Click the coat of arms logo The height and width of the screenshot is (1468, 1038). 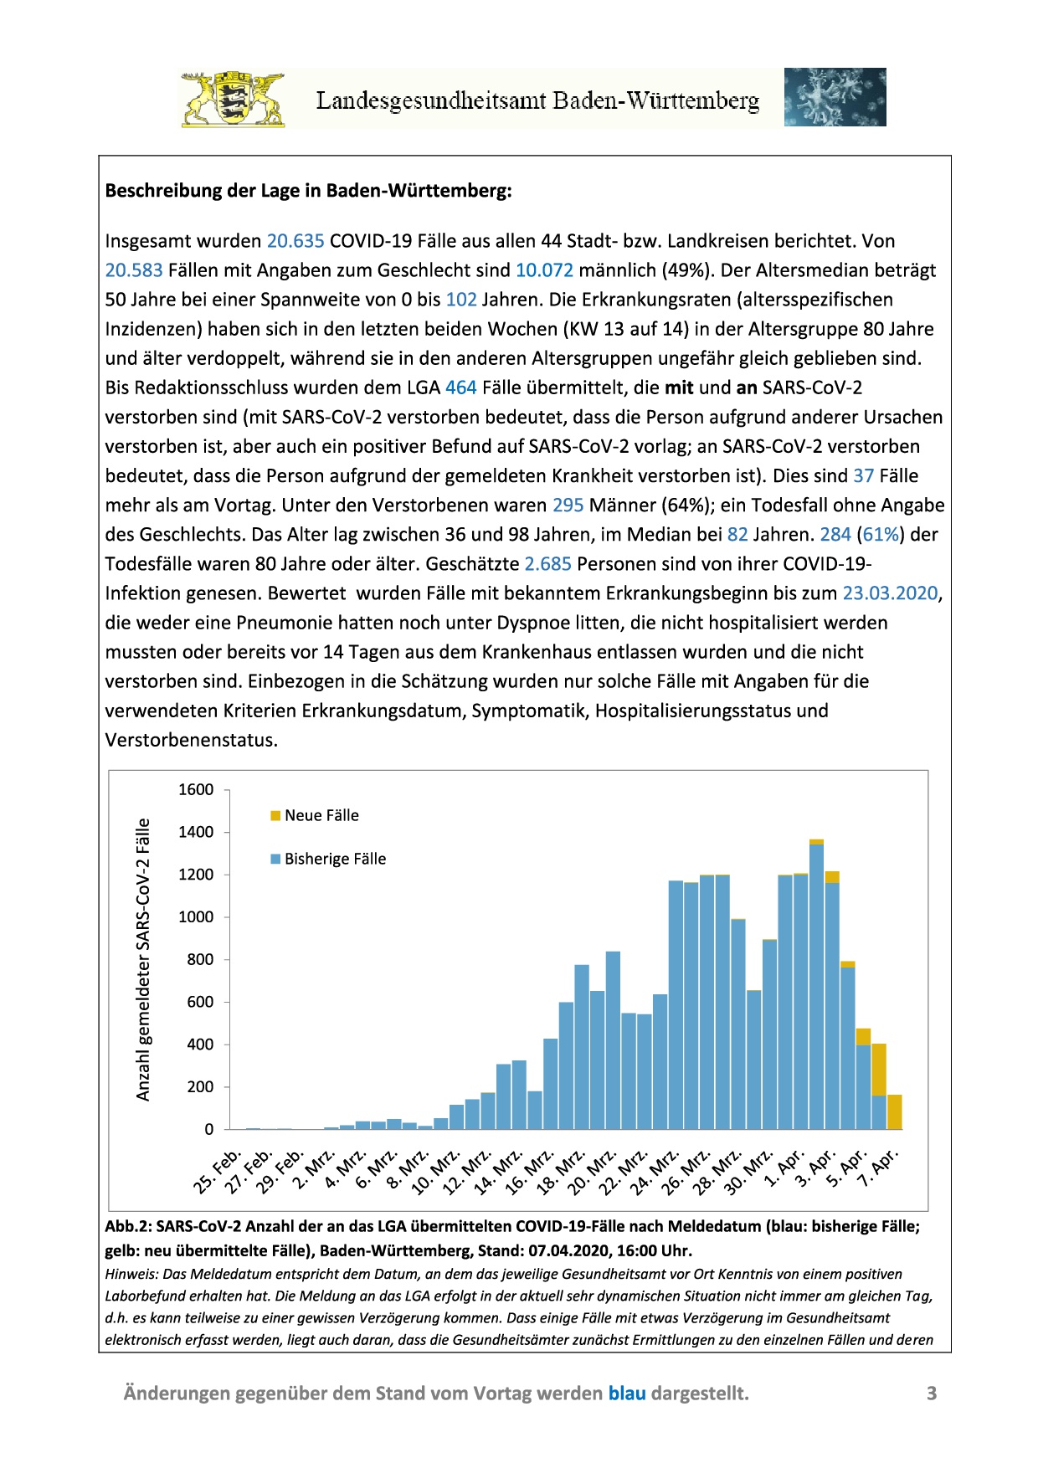(233, 99)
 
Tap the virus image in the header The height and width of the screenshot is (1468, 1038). (835, 97)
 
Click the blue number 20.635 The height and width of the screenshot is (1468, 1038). (295, 241)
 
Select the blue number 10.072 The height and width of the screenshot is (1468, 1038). (544, 270)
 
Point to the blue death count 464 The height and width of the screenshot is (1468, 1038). (460, 388)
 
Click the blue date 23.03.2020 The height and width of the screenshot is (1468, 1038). (889, 593)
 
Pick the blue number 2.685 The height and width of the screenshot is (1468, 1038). (547, 564)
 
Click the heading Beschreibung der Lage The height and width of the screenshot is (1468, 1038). (308, 191)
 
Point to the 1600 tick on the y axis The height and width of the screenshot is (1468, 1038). (196, 789)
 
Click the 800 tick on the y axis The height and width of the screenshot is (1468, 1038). (200, 959)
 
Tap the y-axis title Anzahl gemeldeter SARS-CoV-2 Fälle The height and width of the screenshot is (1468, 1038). (143, 959)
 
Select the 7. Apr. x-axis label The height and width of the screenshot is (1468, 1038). (878, 1168)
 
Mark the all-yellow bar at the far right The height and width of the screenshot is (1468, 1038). (894, 1112)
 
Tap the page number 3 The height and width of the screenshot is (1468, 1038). (931, 1393)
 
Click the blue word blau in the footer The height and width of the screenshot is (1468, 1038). (626, 1393)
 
